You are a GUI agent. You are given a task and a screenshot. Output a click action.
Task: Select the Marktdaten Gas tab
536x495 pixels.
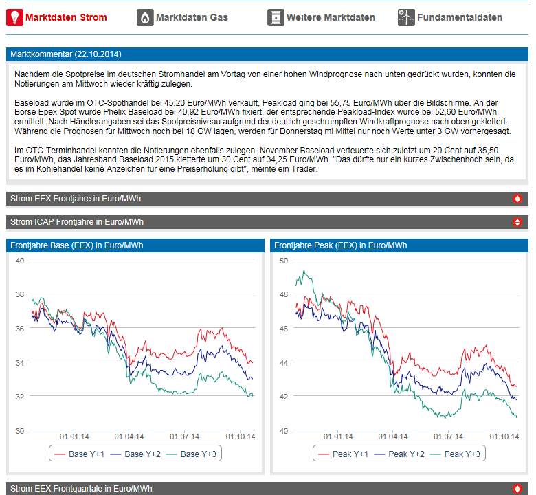(192, 17)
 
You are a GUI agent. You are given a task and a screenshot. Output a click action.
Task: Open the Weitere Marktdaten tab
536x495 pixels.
(331, 17)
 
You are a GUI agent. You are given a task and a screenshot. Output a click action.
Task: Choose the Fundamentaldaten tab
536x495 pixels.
(459, 17)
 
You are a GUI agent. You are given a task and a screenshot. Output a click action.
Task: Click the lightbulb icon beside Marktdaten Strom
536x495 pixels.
(14, 17)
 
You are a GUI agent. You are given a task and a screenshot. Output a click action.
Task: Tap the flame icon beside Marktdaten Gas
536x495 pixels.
(145, 17)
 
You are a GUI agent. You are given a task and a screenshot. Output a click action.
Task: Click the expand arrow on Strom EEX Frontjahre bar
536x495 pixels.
(517, 199)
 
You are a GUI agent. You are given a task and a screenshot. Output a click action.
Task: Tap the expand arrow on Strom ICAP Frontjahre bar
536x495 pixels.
(517, 222)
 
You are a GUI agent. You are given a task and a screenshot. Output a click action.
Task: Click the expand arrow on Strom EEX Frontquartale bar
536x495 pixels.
(517, 489)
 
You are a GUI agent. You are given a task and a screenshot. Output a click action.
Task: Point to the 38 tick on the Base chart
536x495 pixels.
(20, 295)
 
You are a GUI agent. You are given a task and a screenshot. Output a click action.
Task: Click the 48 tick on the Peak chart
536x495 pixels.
(282, 294)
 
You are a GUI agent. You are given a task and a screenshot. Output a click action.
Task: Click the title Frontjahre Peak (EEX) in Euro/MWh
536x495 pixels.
(339, 245)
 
